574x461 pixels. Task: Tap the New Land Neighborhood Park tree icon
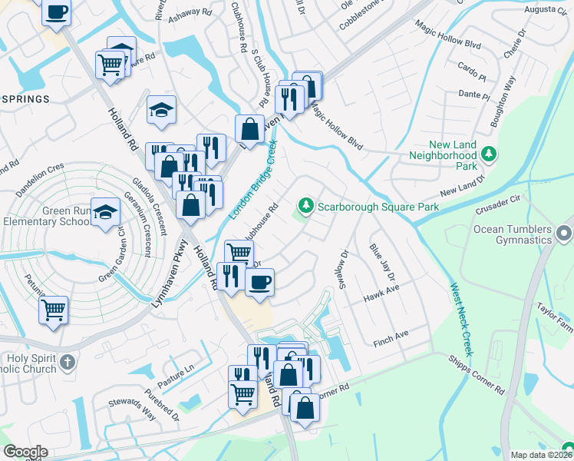click(489, 155)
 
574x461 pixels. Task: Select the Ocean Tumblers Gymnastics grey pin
click(566, 232)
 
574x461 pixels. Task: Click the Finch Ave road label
click(391, 336)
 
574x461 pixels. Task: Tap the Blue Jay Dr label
click(381, 262)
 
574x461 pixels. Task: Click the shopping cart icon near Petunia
click(53, 310)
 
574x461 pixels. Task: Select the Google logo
click(25, 452)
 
